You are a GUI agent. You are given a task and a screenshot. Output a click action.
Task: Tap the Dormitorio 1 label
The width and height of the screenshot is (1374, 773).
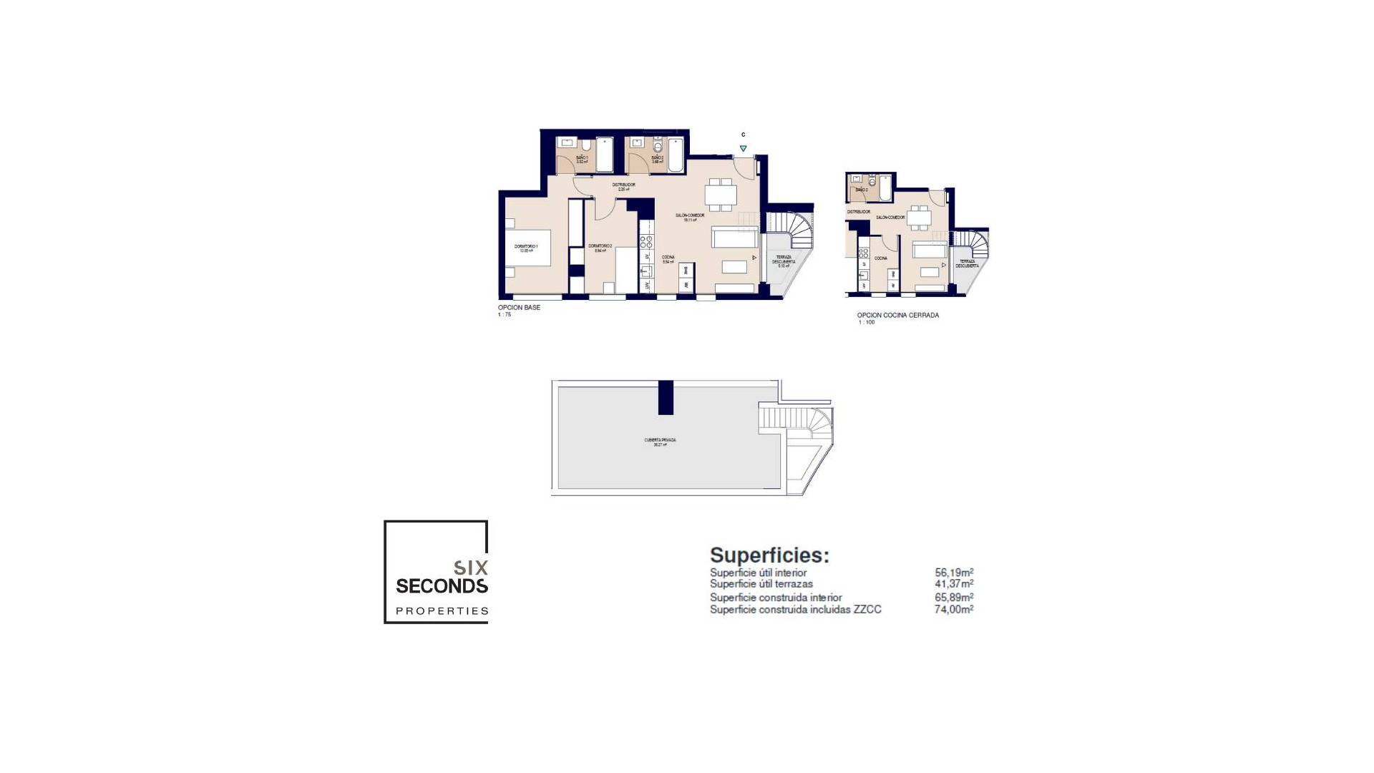pos(526,248)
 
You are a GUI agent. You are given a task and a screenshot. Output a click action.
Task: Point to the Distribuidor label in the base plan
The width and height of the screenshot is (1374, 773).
pos(623,186)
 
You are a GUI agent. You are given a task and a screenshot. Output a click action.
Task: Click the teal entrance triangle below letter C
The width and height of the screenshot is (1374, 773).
pos(743,149)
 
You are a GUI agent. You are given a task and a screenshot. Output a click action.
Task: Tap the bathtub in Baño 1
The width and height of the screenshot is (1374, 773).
pos(604,155)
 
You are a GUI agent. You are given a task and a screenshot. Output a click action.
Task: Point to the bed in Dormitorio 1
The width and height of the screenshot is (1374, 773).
pos(527,248)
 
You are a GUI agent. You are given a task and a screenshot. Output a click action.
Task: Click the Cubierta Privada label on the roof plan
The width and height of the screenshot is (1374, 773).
pos(660,442)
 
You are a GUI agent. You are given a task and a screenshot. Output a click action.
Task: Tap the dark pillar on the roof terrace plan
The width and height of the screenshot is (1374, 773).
pos(666,397)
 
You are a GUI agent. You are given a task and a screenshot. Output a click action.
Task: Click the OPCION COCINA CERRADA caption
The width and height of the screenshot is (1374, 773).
pos(897,315)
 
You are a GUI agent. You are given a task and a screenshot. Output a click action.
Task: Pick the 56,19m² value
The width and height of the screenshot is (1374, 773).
pos(954,573)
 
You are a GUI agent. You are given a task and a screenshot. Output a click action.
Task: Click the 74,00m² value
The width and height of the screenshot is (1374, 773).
pos(954,610)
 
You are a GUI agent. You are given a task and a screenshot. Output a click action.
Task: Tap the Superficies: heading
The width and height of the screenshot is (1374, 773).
pos(769,555)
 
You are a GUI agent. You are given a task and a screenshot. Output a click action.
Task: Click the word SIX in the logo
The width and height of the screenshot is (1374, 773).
pos(471,568)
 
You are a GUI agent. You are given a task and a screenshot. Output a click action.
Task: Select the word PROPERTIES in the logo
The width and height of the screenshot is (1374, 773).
pos(442,611)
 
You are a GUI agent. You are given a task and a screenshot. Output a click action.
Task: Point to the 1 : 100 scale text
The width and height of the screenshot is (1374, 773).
pos(867,323)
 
